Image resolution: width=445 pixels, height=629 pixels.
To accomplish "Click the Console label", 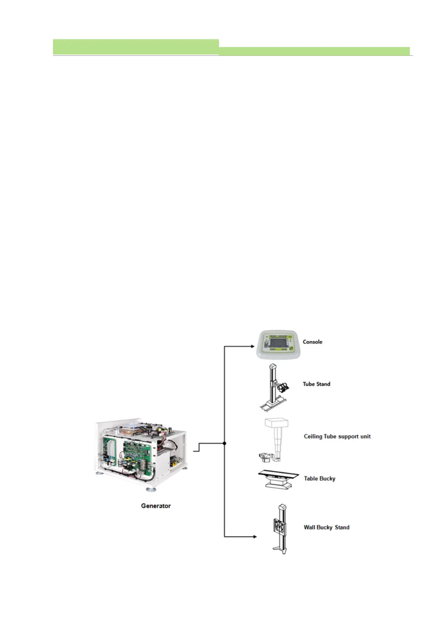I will click(x=312, y=342).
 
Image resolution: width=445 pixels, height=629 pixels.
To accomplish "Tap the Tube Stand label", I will click(x=316, y=384).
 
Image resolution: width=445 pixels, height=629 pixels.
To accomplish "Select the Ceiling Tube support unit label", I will click(x=337, y=436).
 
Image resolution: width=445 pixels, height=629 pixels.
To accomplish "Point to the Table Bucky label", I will click(x=319, y=478).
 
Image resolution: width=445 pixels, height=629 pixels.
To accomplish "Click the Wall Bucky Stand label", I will click(x=327, y=527).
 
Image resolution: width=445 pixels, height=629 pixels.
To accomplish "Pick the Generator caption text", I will click(x=156, y=506).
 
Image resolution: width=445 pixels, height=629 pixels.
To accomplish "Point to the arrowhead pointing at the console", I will click(x=253, y=347).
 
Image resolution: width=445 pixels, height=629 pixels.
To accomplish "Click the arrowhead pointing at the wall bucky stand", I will click(x=255, y=537).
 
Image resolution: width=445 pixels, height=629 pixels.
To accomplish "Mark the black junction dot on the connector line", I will click(x=224, y=443).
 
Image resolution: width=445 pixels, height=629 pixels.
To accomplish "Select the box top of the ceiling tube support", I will click(x=277, y=423).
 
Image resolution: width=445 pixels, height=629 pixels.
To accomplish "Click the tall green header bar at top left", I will click(x=136, y=47).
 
